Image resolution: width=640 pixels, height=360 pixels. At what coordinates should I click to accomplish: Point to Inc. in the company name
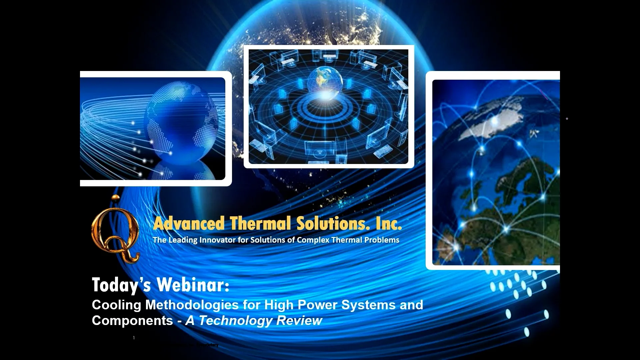coord(388,223)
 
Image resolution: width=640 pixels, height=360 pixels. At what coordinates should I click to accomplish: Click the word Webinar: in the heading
coord(193,285)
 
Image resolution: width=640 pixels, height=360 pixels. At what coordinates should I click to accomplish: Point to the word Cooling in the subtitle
coord(117,305)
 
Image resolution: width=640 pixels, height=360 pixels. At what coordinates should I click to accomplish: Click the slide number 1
coord(134,338)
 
